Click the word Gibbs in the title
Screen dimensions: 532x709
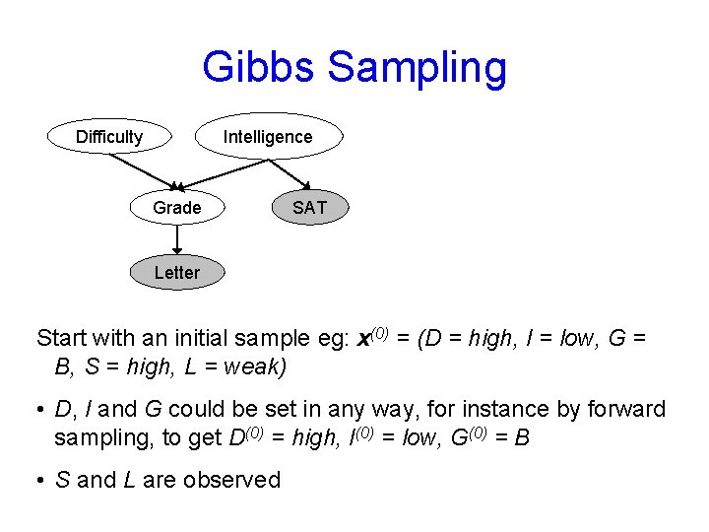(x=259, y=67)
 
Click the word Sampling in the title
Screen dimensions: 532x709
(x=417, y=69)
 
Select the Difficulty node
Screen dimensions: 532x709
(x=109, y=137)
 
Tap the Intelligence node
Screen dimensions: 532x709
(x=268, y=137)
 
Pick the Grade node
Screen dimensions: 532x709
(x=177, y=208)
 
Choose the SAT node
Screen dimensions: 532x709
(x=310, y=208)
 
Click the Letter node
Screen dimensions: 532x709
(x=177, y=273)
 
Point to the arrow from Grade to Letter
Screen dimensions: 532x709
(x=177, y=240)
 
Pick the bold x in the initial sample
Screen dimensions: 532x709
(x=363, y=339)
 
